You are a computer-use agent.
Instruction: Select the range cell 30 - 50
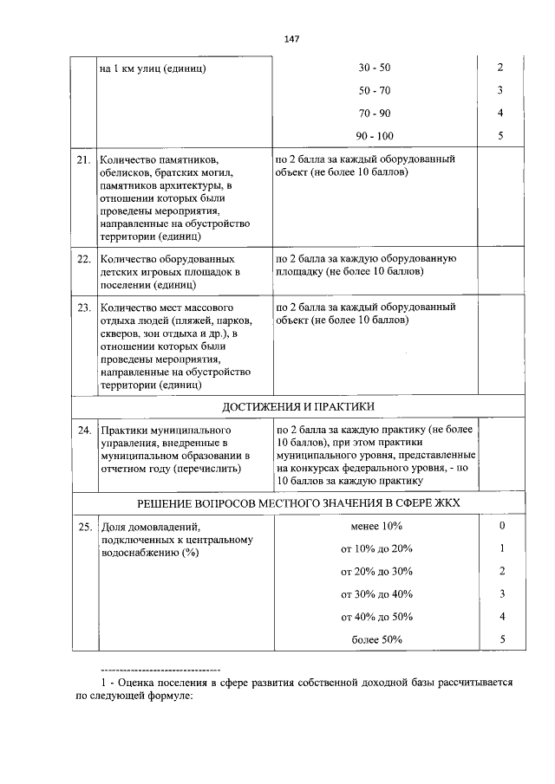(x=374, y=68)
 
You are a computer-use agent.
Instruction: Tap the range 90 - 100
(x=374, y=136)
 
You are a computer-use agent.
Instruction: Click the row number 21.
(x=84, y=160)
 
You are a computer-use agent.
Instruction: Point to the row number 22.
(x=84, y=258)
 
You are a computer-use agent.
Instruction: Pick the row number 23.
(x=84, y=307)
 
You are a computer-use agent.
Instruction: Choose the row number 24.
(x=84, y=430)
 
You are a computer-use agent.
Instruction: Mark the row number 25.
(x=84, y=527)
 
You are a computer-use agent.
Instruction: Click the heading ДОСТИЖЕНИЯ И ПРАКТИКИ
(x=298, y=406)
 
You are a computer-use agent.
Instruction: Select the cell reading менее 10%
(x=376, y=526)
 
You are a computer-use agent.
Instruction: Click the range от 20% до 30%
(x=376, y=572)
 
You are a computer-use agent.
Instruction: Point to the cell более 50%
(x=376, y=639)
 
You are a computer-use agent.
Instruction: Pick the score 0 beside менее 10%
(x=502, y=526)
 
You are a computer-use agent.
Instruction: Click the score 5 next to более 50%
(x=502, y=639)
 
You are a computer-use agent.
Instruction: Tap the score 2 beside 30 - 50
(x=501, y=68)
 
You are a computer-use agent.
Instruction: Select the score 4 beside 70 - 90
(x=501, y=113)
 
